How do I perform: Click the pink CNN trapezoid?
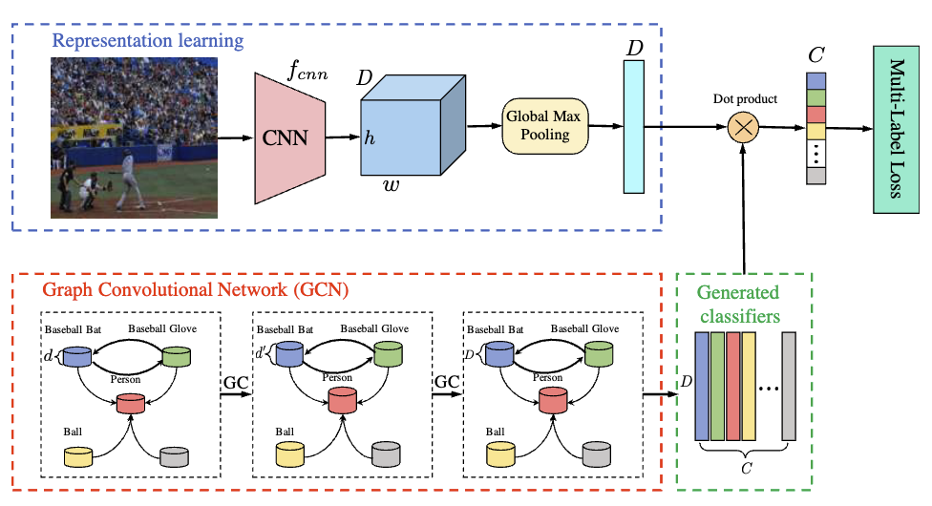point(287,137)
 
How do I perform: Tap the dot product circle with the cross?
point(743,127)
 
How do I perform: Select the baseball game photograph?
point(134,137)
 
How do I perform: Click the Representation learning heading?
point(148,41)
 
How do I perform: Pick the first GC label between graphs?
point(235,382)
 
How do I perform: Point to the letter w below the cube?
point(392,184)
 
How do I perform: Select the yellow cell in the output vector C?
point(815,130)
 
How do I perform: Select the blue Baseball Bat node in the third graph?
point(499,356)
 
